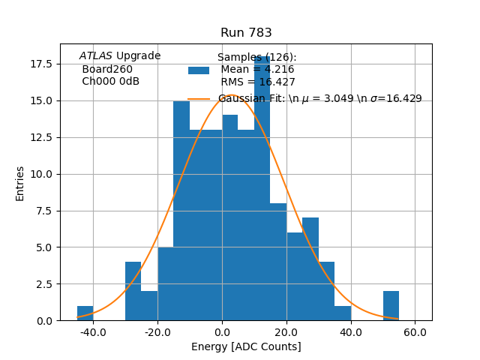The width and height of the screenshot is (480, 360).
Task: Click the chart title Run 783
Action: point(246,33)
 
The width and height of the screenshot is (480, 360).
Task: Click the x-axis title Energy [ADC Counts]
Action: point(246,346)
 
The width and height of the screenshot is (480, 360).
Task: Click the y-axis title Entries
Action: point(20,183)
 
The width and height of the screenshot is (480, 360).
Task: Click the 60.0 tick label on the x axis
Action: point(415,331)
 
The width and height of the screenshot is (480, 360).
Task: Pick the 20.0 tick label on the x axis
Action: point(286,331)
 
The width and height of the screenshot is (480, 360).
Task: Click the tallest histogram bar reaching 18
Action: point(262,187)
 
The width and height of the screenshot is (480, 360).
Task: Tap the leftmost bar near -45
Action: point(85,313)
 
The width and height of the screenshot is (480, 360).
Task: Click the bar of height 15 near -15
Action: point(181,210)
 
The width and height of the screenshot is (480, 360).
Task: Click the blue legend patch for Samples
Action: point(199,70)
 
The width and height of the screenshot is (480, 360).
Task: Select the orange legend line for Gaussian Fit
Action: point(199,99)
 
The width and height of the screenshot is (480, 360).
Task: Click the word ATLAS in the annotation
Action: point(96,56)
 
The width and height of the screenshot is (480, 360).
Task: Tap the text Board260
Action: point(107,69)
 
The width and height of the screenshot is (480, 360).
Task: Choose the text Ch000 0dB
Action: point(110,82)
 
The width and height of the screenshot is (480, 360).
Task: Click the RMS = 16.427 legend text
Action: point(257,82)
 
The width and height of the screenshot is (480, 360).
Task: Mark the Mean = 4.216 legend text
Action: point(257,70)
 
